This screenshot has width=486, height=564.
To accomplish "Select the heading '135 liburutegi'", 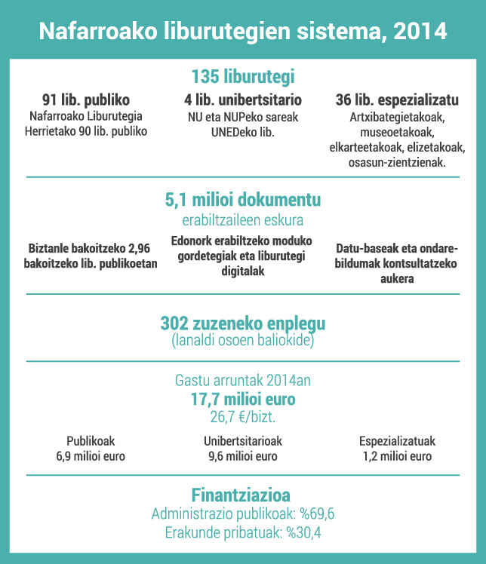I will click(242, 77).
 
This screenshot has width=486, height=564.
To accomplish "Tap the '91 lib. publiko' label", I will click(86, 100).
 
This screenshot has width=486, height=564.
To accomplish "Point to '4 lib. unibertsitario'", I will click(243, 100).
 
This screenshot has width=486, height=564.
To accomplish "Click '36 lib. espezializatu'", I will click(397, 100).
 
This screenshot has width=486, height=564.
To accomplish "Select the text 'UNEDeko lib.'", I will click(243, 131).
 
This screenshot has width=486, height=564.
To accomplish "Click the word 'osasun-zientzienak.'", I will click(397, 161).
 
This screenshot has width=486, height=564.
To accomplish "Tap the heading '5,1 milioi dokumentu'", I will click(242, 201).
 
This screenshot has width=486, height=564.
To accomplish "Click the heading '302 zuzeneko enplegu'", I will click(242, 323).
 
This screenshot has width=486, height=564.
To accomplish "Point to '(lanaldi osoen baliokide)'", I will click(242, 339).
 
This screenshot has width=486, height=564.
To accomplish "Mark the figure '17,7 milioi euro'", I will click(242, 399).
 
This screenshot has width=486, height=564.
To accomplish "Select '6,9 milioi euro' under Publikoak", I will click(91, 456).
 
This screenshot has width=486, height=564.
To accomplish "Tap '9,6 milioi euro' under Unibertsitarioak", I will click(242, 456).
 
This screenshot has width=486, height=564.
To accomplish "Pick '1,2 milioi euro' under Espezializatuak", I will click(397, 456).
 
